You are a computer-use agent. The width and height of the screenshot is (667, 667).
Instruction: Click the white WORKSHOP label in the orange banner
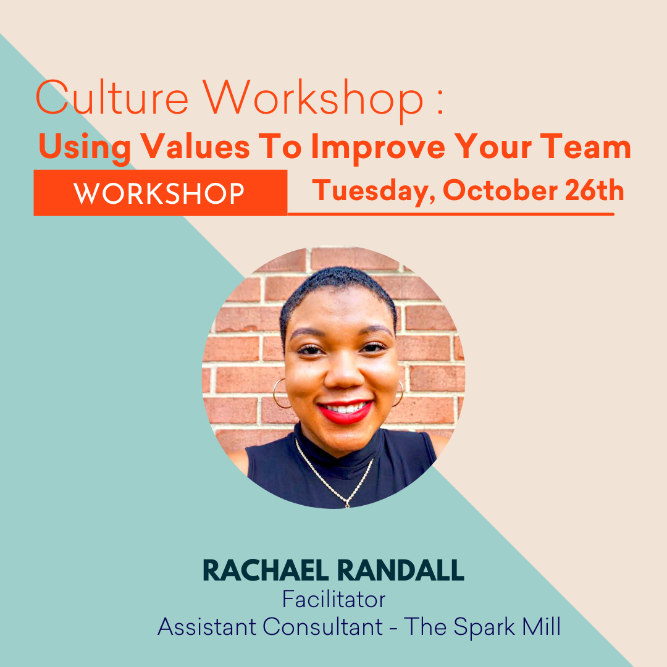(159, 194)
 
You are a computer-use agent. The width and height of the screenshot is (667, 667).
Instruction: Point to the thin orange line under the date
(451, 214)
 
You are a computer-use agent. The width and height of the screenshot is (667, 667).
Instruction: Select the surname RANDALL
(408, 571)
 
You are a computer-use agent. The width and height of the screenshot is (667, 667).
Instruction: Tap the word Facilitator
(333, 599)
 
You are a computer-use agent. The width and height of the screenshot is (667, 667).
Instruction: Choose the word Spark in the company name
(485, 626)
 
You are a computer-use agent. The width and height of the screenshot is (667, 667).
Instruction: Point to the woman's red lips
(345, 411)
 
